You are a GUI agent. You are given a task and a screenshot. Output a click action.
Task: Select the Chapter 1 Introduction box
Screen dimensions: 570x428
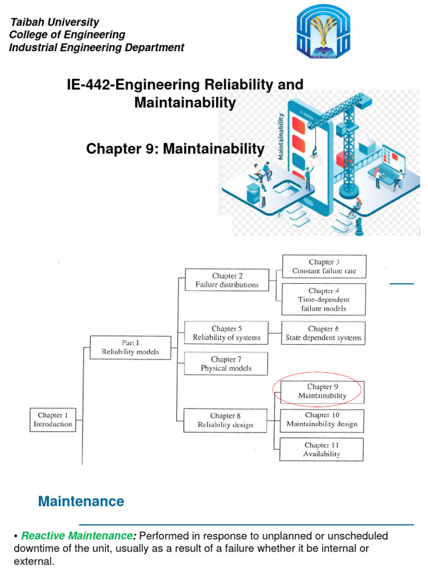tap(55, 420)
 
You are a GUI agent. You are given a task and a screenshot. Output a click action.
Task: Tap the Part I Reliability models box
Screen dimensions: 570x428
tap(130, 347)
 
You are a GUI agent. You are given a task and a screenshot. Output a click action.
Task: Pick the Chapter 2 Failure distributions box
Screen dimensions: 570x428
tap(227, 280)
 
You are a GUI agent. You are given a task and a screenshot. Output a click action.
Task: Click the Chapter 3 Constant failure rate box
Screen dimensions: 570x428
tap(324, 267)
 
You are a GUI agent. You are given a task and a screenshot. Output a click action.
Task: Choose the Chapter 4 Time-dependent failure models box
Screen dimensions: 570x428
tap(323, 299)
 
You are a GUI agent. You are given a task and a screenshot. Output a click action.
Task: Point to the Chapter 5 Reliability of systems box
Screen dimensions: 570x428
tap(226, 333)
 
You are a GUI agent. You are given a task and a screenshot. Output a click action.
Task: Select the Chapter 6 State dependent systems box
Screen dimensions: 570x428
tap(323, 333)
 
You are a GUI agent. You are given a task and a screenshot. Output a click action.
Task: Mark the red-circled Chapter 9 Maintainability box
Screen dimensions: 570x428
tap(322, 391)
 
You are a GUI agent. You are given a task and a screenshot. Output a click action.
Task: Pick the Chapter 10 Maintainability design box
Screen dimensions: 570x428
tap(322, 420)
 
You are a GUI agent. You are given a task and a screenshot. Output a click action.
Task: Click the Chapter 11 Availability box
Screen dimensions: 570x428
tap(322, 449)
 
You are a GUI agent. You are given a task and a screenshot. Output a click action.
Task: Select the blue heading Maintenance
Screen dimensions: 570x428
tap(81, 502)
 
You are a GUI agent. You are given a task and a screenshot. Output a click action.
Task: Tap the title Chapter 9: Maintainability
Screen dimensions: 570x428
tap(175, 149)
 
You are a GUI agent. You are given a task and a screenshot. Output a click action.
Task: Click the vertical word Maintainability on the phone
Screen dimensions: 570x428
tap(281, 136)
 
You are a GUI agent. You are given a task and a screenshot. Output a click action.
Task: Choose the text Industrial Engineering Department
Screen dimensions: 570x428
tap(96, 47)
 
